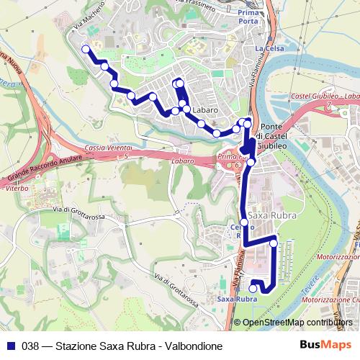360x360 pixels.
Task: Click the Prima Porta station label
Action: pyautogui.click(x=248, y=17)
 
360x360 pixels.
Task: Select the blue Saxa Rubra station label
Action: pyautogui.click(x=237, y=299)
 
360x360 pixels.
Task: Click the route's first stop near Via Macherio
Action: pyautogui.click(x=86, y=49)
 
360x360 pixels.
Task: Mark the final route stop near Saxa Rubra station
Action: pyautogui.click(x=253, y=289)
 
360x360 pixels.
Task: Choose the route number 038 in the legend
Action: pyautogui.click(x=31, y=346)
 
